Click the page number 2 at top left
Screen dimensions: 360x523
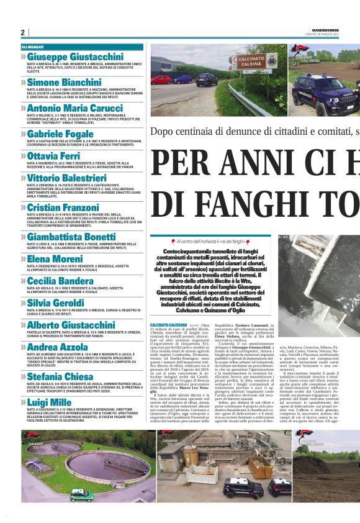[22, 32]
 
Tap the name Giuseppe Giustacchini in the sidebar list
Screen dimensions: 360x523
[75, 57]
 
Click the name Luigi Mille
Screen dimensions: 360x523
[50, 402]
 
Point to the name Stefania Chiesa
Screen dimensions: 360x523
[61, 376]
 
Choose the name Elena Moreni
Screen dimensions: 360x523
[55, 259]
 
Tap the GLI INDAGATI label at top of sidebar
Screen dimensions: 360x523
[32, 47]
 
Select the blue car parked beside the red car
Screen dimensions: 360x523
[207, 79]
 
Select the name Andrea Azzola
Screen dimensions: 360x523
[58, 347]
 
